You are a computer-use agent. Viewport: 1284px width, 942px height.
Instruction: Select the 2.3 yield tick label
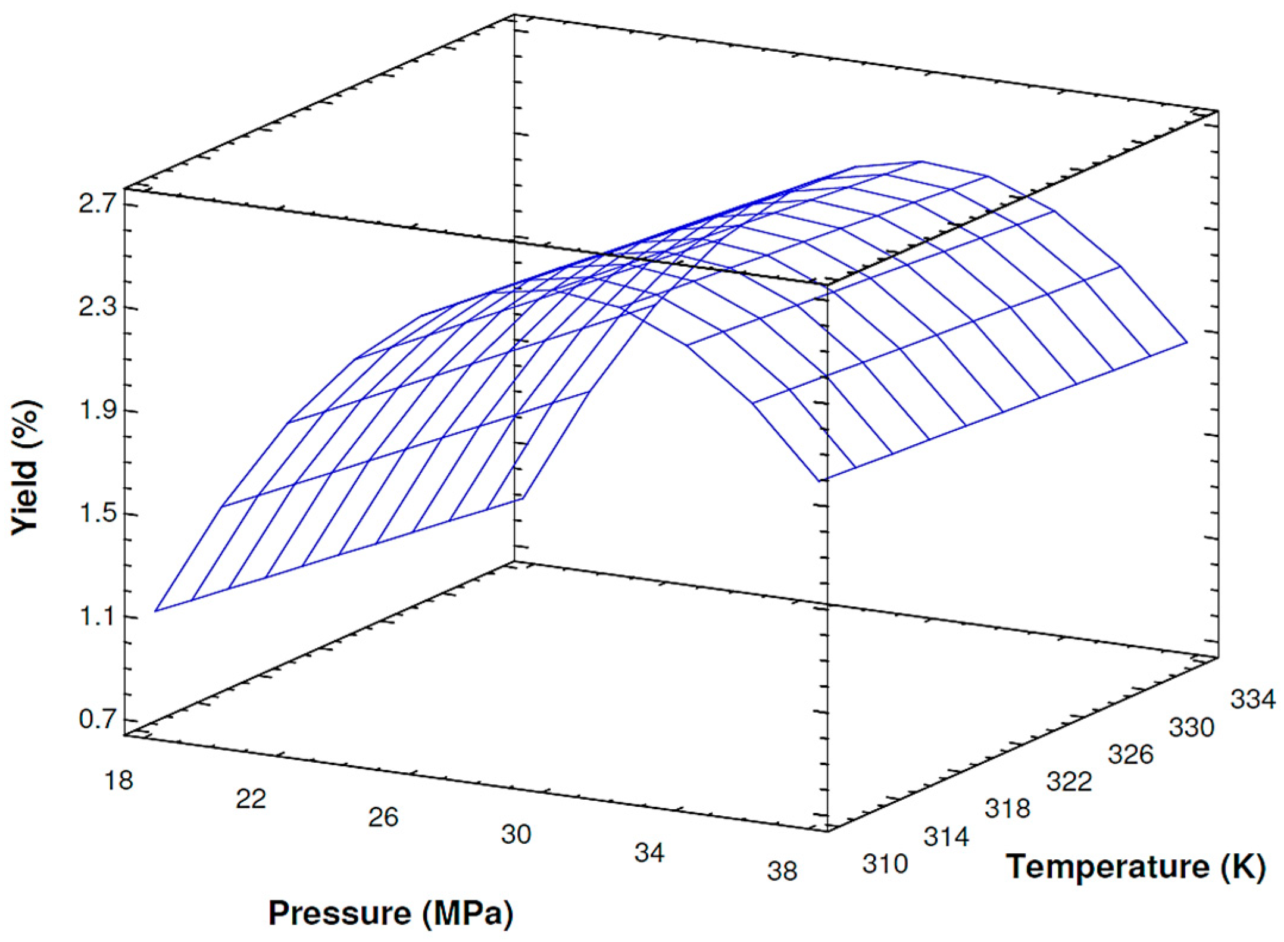click(x=97, y=307)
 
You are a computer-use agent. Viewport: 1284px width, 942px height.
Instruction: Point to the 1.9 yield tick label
click(x=97, y=410)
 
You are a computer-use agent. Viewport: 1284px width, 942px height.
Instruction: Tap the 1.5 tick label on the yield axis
click(x=97, y=513)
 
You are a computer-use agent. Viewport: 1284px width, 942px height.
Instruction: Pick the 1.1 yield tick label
click(x=97, y=616)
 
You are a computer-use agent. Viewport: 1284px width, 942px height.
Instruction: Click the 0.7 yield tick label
click(x=97, y=719)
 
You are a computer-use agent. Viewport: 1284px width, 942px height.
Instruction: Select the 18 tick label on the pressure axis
click(x=119, y=780)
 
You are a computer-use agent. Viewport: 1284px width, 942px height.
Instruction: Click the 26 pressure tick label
click(x=383, y=817)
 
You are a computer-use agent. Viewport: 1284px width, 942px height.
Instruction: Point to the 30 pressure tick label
click(x=516, y=834)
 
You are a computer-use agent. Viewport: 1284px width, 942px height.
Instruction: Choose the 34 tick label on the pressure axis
click(x=649, y=853)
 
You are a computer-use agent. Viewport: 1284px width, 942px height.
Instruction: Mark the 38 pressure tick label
click(x=782, y=871)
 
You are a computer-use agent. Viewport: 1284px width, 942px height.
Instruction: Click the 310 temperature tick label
click(x=885, y=863)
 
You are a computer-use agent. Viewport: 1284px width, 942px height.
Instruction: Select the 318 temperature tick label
click(x=1007, y=808)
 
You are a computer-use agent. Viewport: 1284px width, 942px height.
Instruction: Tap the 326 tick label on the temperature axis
click(x=1130, y=754)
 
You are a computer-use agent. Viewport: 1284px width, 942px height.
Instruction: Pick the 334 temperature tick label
click(x=1253, y=699)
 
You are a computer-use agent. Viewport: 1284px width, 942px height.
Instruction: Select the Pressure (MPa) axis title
click(x=390, y=913)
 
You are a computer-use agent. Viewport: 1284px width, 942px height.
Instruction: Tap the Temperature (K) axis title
click(x=1135, y=866)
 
